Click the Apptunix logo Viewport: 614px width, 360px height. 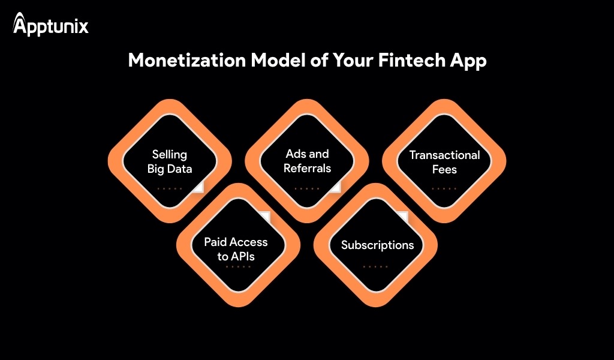[50, 25]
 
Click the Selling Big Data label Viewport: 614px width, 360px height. [170, 161]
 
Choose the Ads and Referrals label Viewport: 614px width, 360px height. [307, 161]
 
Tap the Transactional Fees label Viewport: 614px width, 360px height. [444, 162]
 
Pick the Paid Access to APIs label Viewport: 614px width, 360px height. [236, 249]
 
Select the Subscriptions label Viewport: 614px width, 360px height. [377, 245]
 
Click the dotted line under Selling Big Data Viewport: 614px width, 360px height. [170, 188]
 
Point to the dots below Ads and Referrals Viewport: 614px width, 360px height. [307, 188]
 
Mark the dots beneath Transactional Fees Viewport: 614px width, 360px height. [444, 188]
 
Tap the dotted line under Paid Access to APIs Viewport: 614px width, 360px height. [238, 266]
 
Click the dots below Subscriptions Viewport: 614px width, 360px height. [375, 266]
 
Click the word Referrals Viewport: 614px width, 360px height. [307, 169]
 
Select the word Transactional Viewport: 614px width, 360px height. [444, 155]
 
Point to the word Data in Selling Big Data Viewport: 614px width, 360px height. [180, 169]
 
